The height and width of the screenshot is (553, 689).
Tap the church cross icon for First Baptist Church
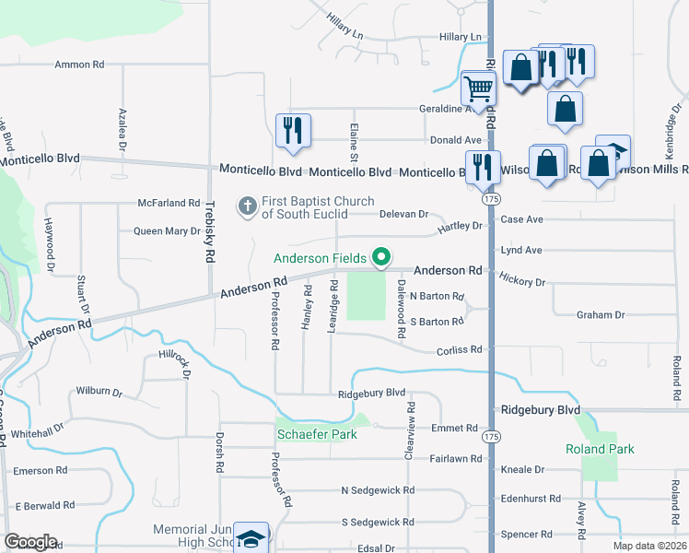[247, 206]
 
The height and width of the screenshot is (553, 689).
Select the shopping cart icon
[479, 89]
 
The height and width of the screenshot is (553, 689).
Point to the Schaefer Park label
[316, 434]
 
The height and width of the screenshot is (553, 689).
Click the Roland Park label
[601, 449]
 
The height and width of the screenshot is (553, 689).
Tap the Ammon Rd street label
[79, 65]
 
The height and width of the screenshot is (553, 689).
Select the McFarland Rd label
[169, 203]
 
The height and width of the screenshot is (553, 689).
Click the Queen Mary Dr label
[167, 231]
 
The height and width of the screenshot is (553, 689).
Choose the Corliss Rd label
[459, 350]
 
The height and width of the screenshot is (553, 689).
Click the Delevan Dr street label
[404, 214]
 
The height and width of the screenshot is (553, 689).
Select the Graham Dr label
[601, 315]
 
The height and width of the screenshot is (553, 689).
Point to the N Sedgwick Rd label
[378, 490]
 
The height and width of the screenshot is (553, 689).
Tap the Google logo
[30, 542]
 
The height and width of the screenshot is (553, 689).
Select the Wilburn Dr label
[99, 392]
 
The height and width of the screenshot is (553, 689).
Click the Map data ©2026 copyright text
[648, 546]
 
